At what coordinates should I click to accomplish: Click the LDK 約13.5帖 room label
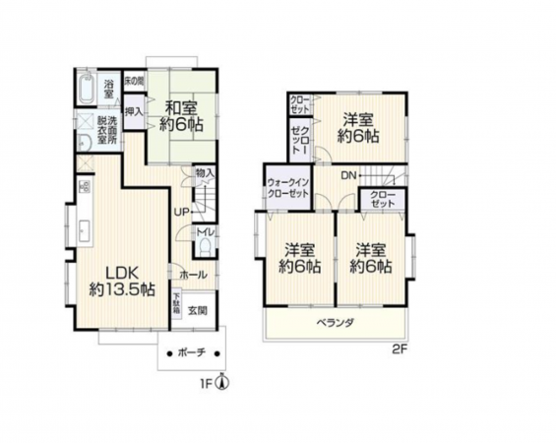pos(121,281)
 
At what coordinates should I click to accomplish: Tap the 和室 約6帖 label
pos(183,116)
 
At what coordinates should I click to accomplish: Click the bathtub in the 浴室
pos(85,93)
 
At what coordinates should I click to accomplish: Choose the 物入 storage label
pos(205,173)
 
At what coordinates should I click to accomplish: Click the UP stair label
pos(182,212)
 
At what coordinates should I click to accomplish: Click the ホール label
pos(194,276)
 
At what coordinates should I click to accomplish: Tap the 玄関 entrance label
pos(197,310)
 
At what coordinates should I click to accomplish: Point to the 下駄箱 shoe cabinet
pos(177,302)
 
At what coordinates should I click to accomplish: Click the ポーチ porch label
pos(192,351)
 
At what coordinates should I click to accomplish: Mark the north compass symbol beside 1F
pos(223,384)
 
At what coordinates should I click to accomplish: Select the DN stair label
pos(347,174)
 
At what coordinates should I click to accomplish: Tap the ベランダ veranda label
pos(335,323)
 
